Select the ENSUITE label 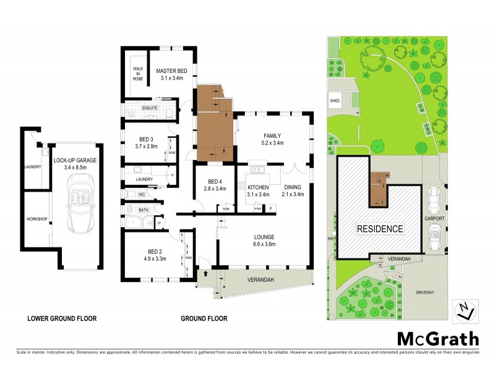coord(150,109)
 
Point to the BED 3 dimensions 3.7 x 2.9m coord(146,147)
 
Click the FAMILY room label coord(273,135)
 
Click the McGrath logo coord(437,338)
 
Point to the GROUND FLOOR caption coord(204,319)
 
